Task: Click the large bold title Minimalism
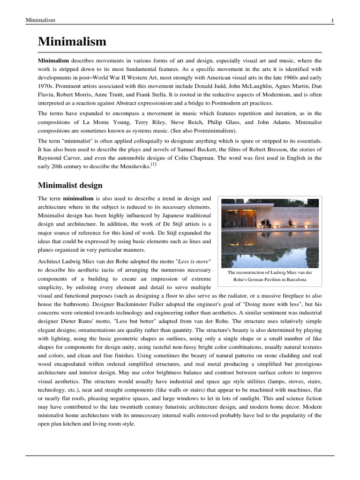pyautogui.click(x=72, y=42)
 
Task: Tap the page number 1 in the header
pyautogui.click(x=332, y=20)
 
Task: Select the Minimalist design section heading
pyautogui.click(x=70, y=186)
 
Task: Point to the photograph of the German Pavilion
pyautogui.click(x=270, y=233)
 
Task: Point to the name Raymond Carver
pyautogui.click(x=58, y=158)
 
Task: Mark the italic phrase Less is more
pyautogui.click(x=193, y=261)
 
